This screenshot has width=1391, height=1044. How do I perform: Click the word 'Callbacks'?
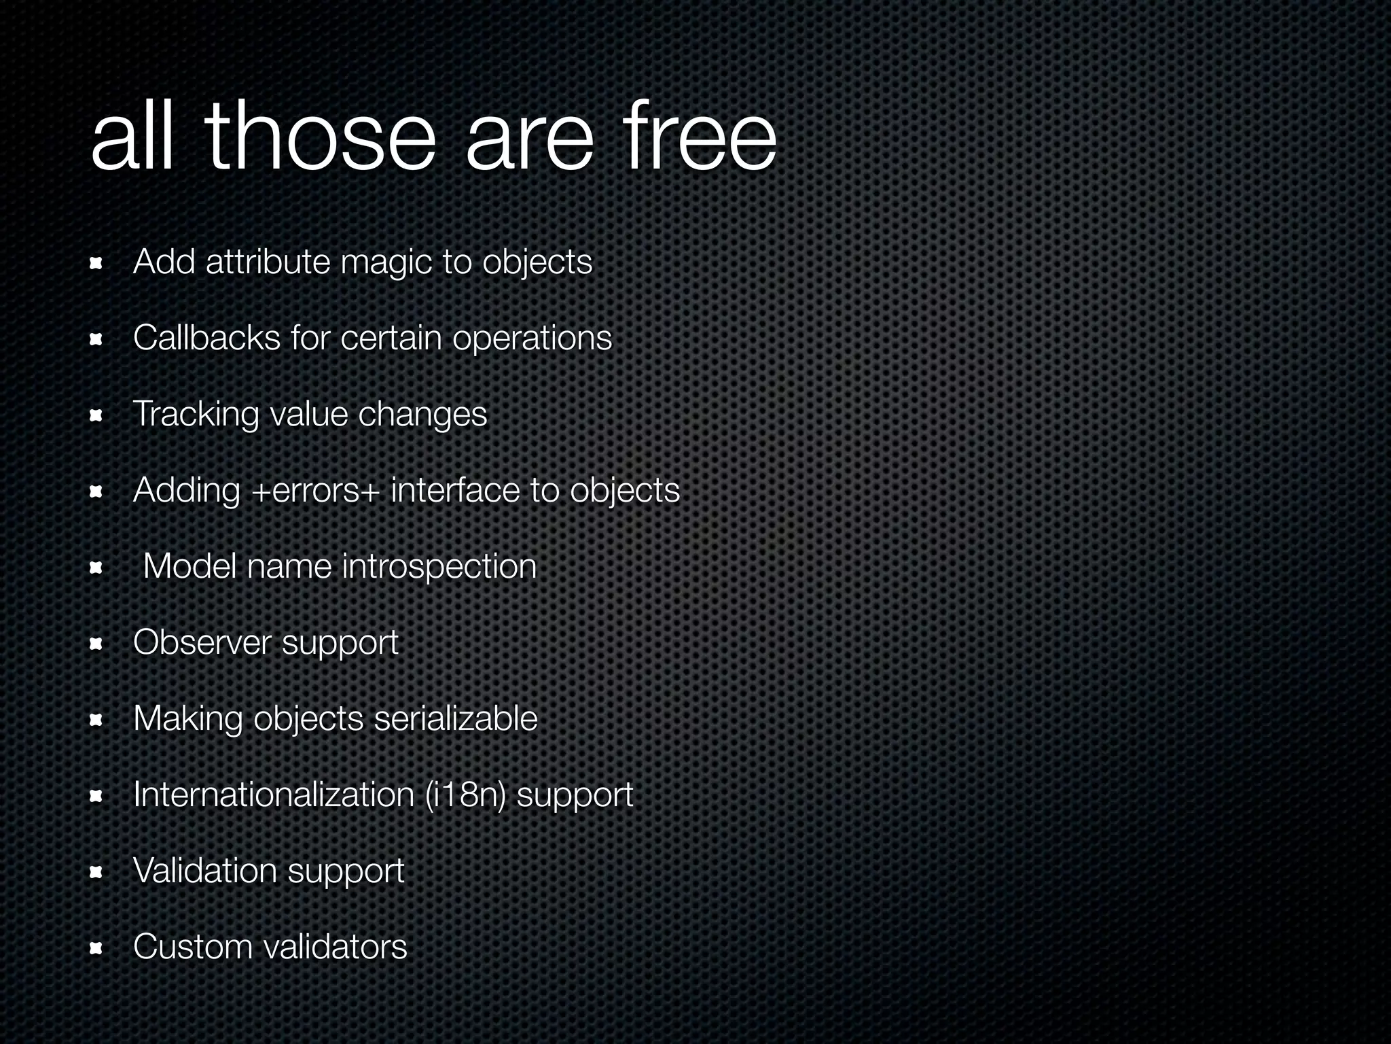tap(206, 337)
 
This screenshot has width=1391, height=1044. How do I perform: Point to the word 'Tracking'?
tap(196, 415)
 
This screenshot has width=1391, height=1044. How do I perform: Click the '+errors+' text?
tap(314, 491)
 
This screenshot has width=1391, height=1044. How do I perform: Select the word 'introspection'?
tap(439, 566)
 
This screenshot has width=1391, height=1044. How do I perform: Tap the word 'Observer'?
tap(202, 642)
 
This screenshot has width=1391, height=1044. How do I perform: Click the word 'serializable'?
tap(455, 718)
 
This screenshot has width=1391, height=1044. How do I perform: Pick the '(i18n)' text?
tap(465, 795)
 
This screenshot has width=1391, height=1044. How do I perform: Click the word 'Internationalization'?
tap(274, 795)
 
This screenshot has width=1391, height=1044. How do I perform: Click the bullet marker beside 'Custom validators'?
tap(96, 948)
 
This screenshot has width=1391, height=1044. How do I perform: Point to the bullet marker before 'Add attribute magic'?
tap(96, 263)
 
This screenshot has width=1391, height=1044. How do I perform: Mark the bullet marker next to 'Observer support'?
tap(96, 644)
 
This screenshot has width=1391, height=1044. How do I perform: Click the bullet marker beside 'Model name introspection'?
tap(96, 568)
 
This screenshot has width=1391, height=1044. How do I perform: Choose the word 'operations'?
tap(532, 338)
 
